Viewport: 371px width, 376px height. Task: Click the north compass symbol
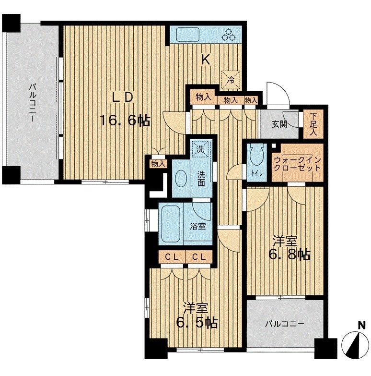point(355,343)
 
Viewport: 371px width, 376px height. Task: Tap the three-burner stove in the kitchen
point(228,34)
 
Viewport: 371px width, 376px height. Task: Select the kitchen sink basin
point(188,35)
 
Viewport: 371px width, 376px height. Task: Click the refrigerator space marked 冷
point(231,80)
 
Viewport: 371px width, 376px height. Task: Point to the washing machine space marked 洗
point(200,149)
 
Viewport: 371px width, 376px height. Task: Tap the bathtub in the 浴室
point(171,224)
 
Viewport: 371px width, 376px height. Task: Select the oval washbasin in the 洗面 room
point(181,178)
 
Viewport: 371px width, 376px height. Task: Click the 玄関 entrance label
point(279,124)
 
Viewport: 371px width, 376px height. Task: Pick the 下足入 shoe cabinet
point(313,124)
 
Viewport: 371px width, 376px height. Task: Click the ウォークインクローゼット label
point(297,164)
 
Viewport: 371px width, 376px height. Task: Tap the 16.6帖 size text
point(125,121)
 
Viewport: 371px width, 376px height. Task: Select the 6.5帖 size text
point(197,323)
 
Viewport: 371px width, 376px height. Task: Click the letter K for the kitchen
point(205,60)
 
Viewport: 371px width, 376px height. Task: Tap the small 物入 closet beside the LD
point(158,164)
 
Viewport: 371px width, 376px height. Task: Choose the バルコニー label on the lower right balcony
point(285,324)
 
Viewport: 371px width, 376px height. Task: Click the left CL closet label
point(172,257)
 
